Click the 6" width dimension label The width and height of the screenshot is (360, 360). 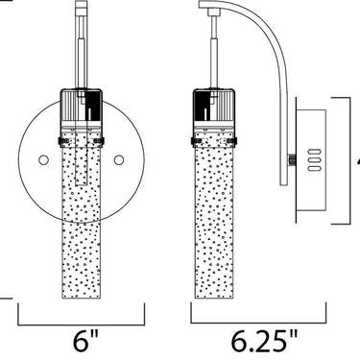click(85, 341)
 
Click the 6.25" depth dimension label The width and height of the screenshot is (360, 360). click(265, 341)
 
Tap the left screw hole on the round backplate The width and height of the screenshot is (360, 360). click(43, 160)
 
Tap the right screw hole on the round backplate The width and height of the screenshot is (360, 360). click(119, 160)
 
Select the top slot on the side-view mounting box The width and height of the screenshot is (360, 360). click(314, 152)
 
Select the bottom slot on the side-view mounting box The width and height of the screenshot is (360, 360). click(314, 168)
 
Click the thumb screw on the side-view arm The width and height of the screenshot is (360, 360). click(292, 159)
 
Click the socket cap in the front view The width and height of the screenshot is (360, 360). click(82, 106)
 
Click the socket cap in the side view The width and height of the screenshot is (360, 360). click(215, 106)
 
